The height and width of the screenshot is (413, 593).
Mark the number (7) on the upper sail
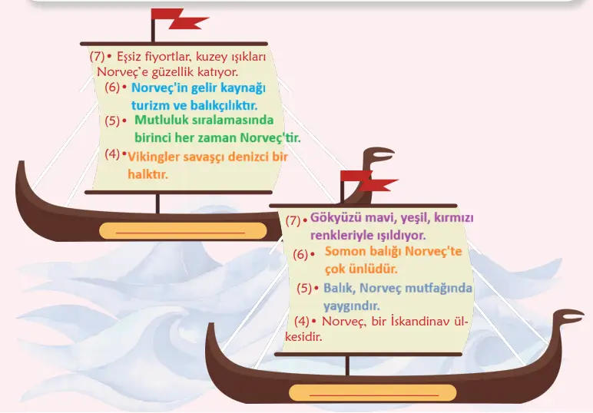tap(97, 56)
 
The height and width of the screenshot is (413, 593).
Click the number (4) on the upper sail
tap(113, 154)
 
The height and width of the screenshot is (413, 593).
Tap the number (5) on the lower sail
tap(305, 288)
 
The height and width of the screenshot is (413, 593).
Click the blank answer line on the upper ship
tap(183, 230)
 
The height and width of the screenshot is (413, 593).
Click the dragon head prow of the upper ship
tap(379, 158)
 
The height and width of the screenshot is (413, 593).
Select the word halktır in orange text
tap(147, 174)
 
